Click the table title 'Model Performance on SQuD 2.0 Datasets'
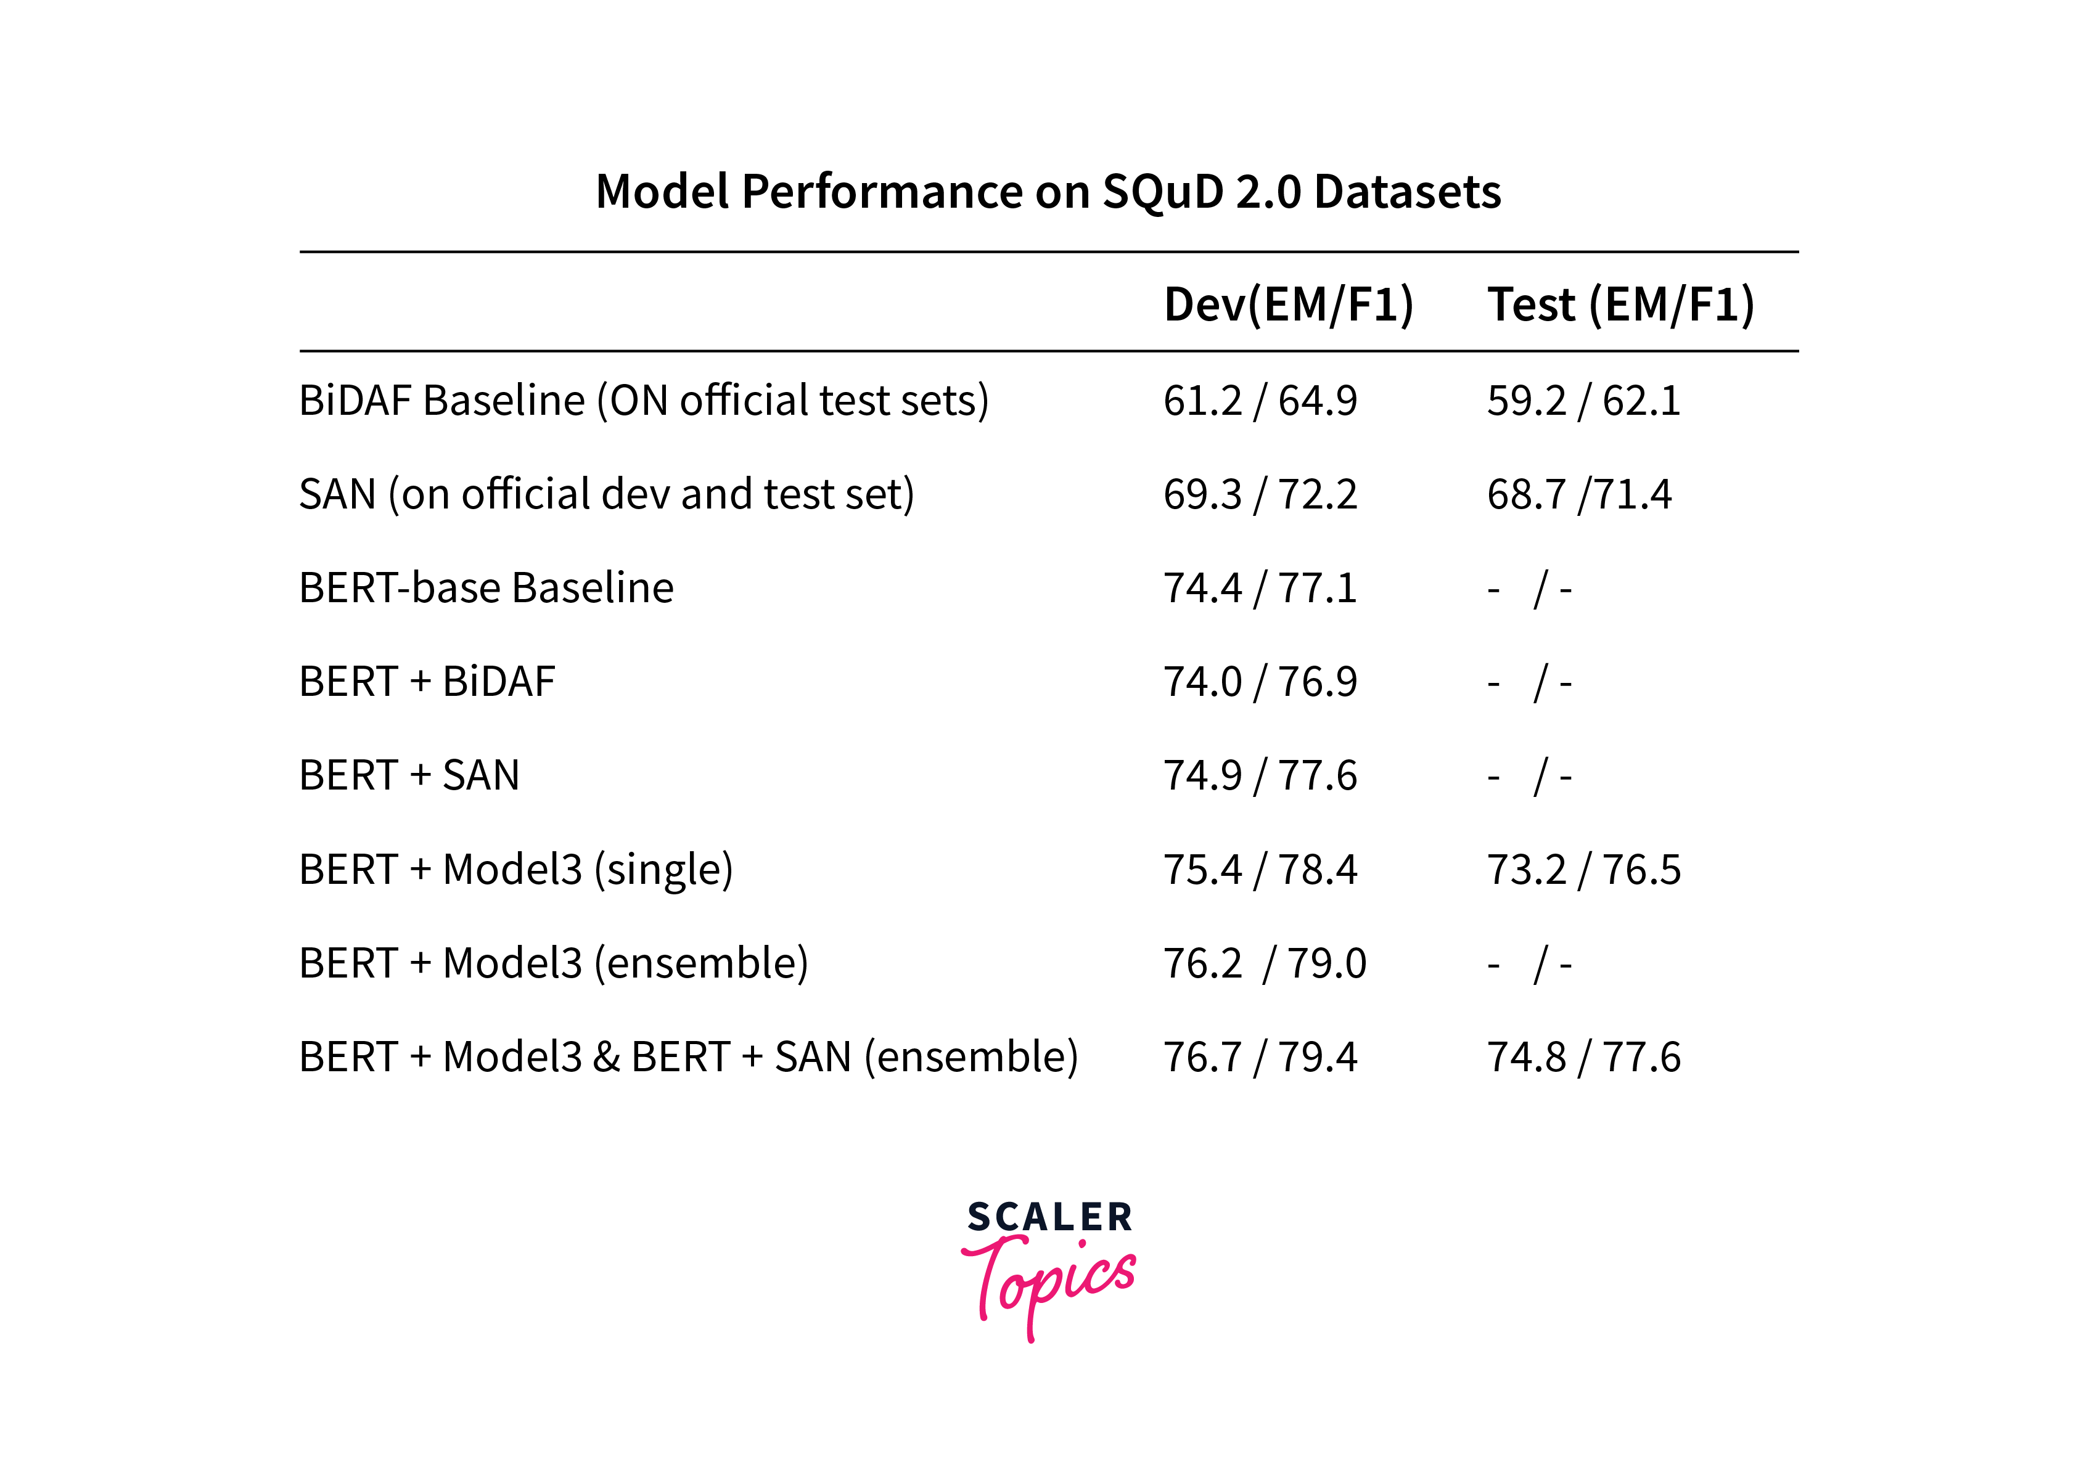pyautogui.click(x=1048, y=192)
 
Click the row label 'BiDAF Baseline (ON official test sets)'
pyautogui.click(x=644, y=401)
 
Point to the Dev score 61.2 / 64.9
pyautogui.click(x=1260, y=401)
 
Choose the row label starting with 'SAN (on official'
pyautogui.click(x=607, y=494)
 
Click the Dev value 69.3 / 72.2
pyautogui.click(x=1260, y=494)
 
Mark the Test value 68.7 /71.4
pyautogui.click(x=1579, y=494)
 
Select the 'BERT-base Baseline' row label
pyautogui.click(x=486, y=588)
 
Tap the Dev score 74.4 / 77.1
pyautogui.click(x=1260, y=588)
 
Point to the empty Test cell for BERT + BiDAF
pyautogui.click(x=1530, y=683)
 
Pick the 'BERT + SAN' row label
pyautogui.click(x=409, y=776)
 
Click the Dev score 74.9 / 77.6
pyautogui.click(x=1260, y=776)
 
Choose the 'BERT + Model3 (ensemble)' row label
pyautogui.click(x=554, y=963)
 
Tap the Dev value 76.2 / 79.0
pyautogui.click(x=1264, y=963)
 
